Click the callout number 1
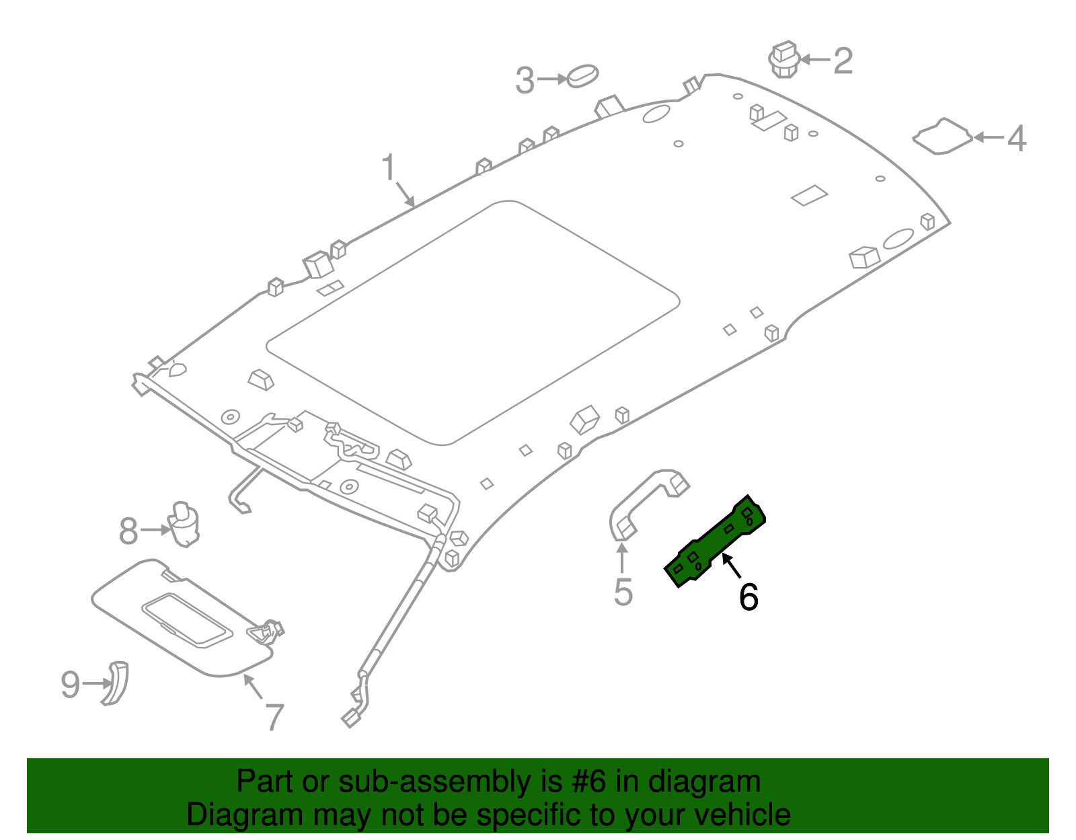[389, 167]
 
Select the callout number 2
[843, 61]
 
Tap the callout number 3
[525, 81]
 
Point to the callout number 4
[1016, 139]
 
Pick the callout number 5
[623, 592]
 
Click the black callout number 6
[748, 597]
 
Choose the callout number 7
[274, 718]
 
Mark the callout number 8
[128, 531]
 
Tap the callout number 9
[70, 685]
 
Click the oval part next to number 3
[582, 76]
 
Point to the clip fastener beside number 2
[783, 59]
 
